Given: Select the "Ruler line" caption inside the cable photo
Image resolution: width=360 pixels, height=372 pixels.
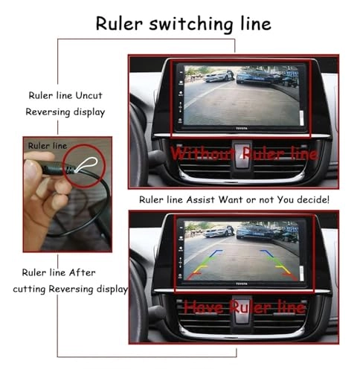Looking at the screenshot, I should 47,145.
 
